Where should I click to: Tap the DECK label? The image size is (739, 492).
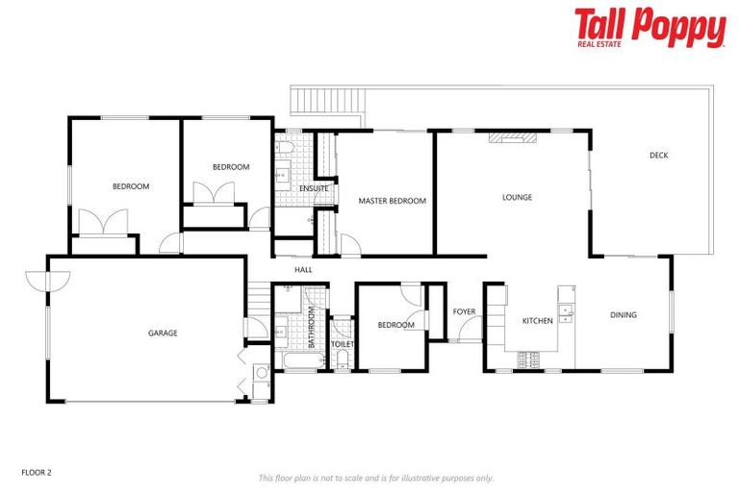click(658, 156)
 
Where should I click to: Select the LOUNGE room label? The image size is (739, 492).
click(517, 198)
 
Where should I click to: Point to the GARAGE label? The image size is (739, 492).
click(163, 333)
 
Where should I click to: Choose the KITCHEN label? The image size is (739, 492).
click(537, 321)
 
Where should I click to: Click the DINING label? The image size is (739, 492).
click(623, 315)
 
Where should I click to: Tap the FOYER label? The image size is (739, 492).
click(465, 311)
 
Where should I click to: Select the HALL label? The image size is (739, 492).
click(304, 270)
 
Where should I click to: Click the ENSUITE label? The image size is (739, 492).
click(315, 188)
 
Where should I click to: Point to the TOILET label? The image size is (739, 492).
click(343, 344)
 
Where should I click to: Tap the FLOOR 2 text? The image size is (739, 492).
click(36, 473)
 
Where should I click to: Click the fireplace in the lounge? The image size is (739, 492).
click(510, 137)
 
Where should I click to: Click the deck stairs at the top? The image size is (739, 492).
click(326, 102)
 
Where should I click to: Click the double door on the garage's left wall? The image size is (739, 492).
click(48, 280)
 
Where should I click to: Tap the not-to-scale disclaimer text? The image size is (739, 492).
click(375, 478)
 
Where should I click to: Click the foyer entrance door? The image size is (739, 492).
click(471, 332)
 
